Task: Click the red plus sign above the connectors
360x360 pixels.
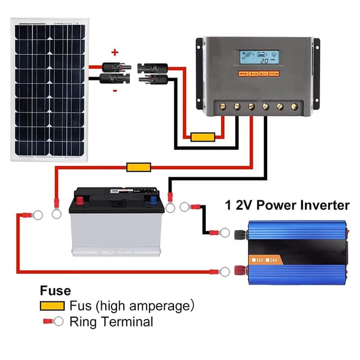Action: click(x=115, y=52)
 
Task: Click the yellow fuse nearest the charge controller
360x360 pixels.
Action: click(x=202, y=137)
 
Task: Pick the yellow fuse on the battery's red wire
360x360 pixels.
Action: click(x=138, y=167)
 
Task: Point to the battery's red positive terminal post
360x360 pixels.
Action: click(x=80, y=199)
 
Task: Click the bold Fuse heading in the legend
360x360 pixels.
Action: click(x=55, y=291)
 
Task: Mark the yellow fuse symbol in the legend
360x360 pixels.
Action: click(x=52, y=307)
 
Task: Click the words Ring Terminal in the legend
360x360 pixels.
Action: click(x=111, y=322)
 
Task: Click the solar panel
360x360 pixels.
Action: click(x=49, y=87)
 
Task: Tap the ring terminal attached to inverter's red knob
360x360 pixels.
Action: click(x=224, y=272)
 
